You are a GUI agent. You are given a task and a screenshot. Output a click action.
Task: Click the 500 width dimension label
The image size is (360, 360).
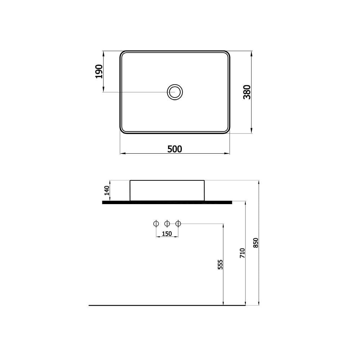click(x=175, y=149)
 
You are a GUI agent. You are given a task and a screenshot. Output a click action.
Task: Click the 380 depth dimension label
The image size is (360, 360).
click(x=247, y=92)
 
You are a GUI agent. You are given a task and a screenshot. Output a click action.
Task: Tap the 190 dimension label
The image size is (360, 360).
click(x=99, y=71)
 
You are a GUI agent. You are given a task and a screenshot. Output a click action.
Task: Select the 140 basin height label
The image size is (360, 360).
click(x=107, y=190)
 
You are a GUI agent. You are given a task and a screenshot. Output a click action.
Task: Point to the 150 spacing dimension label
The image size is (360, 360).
click(x=167, y=234)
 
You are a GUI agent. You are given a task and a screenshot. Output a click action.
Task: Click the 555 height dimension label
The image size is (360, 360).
click(x=220, y=265)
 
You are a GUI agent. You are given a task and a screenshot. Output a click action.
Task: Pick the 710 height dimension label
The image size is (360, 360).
click(x=242, y=253)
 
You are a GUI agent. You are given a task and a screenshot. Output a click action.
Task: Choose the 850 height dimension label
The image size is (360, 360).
click(x=256, y=243)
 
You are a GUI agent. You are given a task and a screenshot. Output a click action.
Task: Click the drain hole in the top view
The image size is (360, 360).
click(x=175, y=92)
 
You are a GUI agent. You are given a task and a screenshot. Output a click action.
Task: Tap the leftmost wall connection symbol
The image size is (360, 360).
click(x=156, y=224)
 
